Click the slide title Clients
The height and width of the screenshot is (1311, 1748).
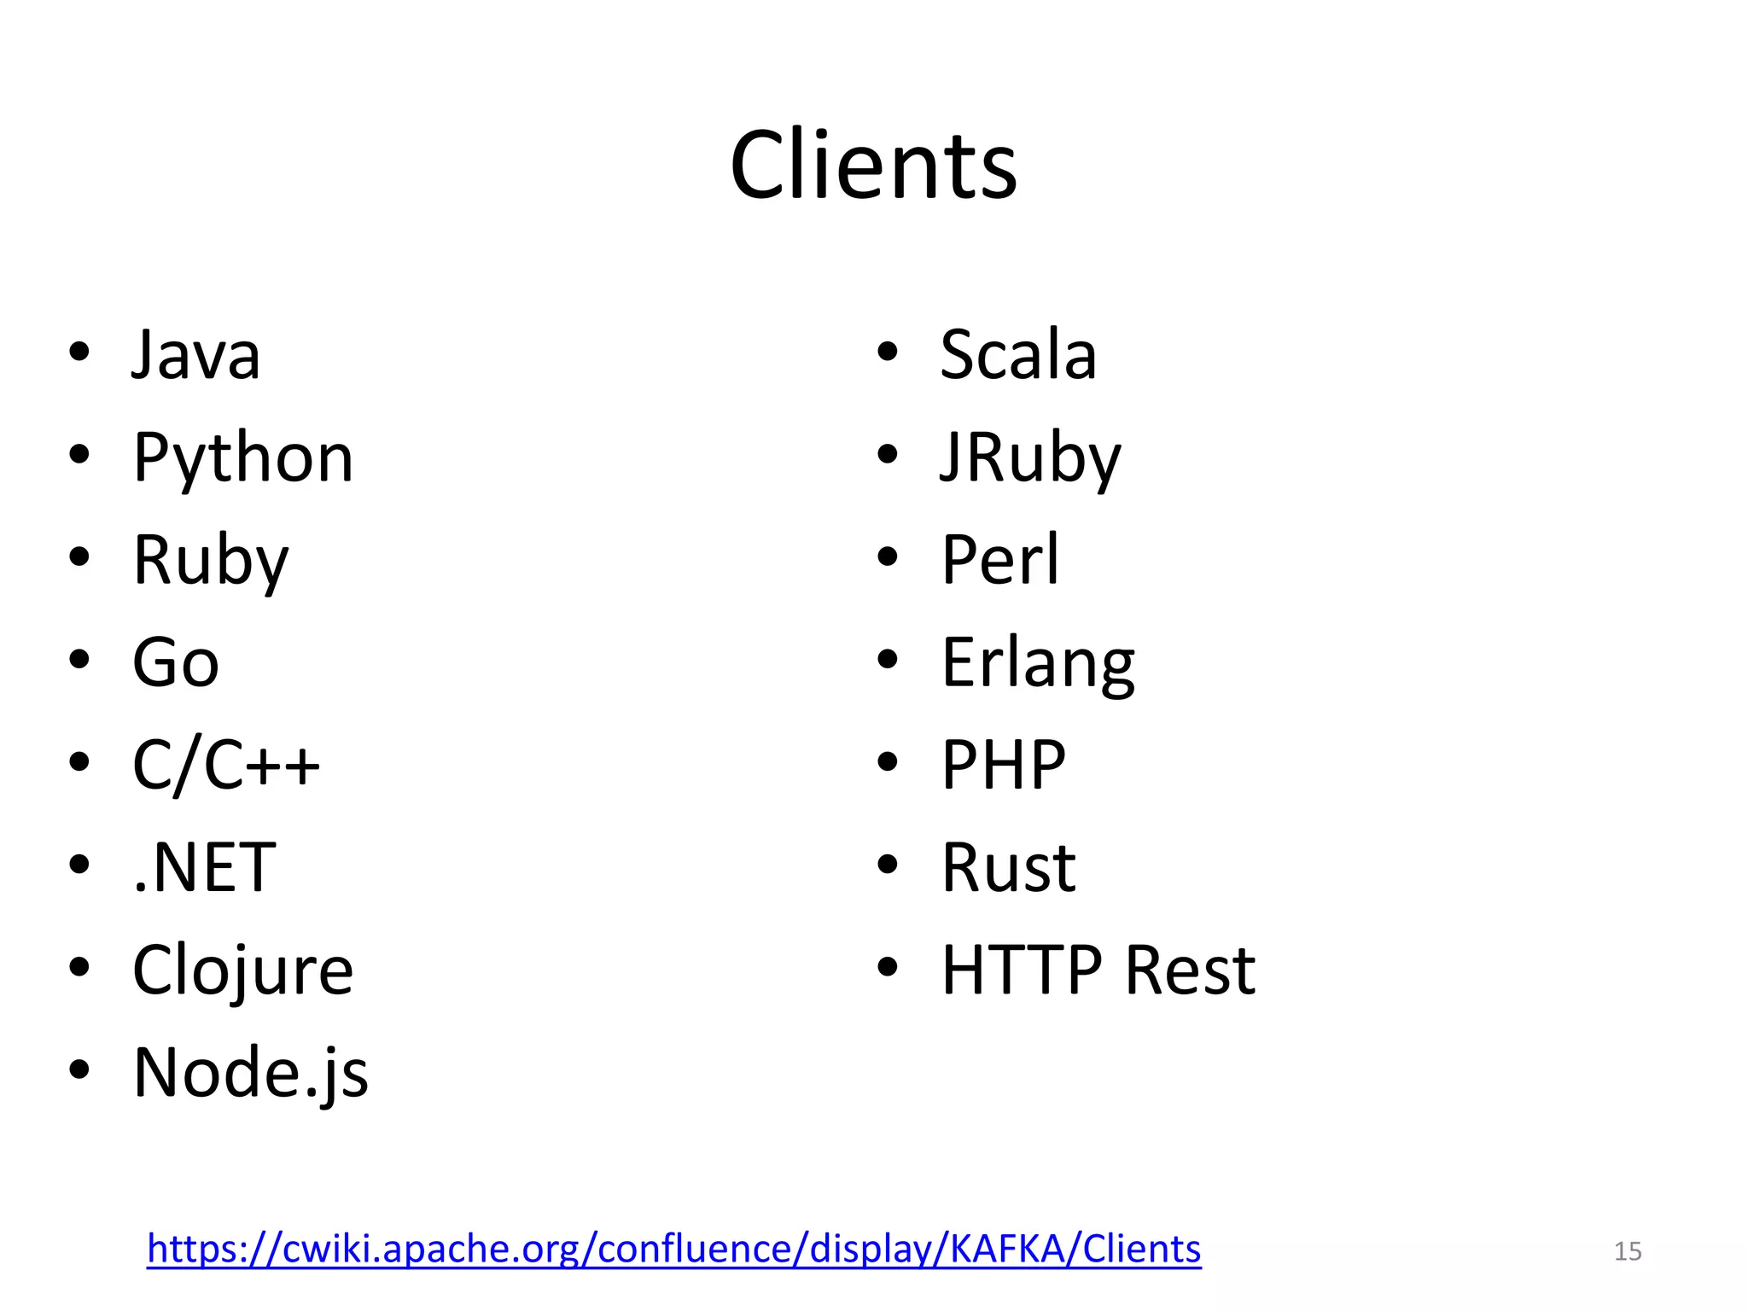[873, 165]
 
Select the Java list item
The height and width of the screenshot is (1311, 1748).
[195, 354]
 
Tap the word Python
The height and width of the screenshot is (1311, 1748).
[243, 458]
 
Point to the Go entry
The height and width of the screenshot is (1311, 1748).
[176, 662]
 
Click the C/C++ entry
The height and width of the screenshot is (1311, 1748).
[226, 765]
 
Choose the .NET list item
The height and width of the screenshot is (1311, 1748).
[205, 867]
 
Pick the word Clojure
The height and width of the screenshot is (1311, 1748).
[243, 970]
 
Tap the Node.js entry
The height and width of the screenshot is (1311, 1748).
[251, 1073]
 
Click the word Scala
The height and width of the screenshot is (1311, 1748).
[1018, 354]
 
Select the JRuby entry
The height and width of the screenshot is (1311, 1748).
[1030, 458]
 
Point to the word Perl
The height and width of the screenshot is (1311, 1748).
[1000, 560]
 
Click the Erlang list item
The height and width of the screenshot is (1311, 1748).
[1038, 663]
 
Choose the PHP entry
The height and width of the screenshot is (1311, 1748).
[1004, 765]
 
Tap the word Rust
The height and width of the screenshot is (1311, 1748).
[1009, 867]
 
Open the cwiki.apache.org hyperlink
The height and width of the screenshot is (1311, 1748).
[673, 1249]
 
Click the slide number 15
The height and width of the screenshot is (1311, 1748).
[1628, 1251]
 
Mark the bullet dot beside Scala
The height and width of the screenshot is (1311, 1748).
[888, 352]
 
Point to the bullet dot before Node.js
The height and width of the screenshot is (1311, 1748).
[79, 1069]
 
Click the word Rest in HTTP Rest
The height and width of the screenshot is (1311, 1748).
[1190, 970]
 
